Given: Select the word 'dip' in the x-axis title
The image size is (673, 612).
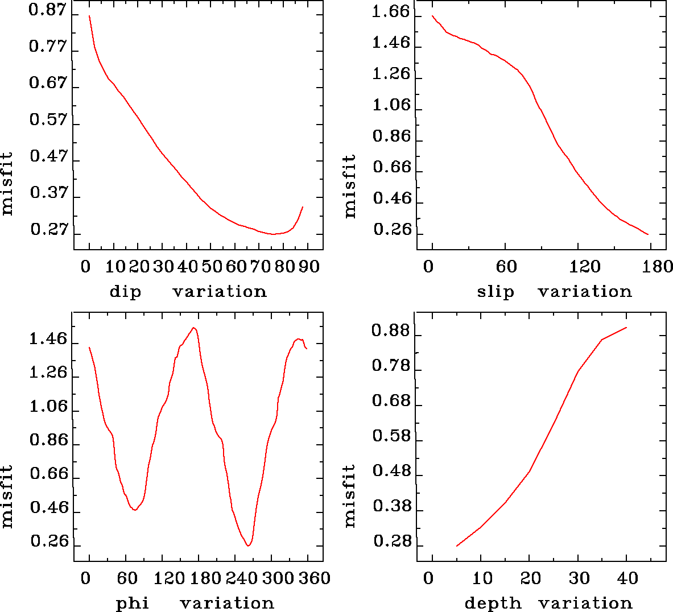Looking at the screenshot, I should click(x=125, y=292).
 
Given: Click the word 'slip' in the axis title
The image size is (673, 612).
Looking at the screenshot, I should click(x=496, y=292).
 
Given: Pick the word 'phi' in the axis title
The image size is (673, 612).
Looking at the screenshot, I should click(x=133, y=603).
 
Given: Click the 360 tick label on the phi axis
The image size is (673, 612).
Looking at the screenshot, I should click(x=315, y=578).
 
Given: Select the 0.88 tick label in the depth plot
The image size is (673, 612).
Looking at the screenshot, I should click(x=391, y=330).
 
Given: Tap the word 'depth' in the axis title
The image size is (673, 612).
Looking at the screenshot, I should click(x=493, y=603).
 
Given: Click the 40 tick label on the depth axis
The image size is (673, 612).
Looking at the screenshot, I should click(x=627, y=578).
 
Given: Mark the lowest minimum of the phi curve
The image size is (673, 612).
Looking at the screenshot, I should click(x=249, y=546).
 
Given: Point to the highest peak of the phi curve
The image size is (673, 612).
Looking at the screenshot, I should click(x=195, y=328).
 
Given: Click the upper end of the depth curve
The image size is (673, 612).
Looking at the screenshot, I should click(x=626, y=328).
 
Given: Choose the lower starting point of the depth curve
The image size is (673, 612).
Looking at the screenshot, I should click(x=457, y=546).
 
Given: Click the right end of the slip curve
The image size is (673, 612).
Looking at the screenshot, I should click(x=648, y=234).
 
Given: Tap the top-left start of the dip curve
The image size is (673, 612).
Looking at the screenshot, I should click(x=89, y=16).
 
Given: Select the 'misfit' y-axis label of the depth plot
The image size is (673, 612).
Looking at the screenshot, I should click(x=349, y=495).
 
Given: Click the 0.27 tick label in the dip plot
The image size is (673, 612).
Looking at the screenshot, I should click(x=49, y=230).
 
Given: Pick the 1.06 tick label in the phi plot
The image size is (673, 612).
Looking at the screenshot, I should click(x=48, y=407).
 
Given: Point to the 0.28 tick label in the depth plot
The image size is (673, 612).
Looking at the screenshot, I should click(x=392, y=541).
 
